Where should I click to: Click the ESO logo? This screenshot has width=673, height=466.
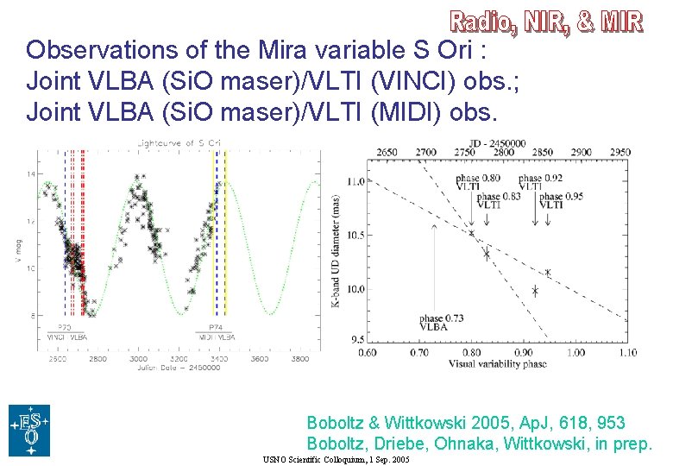[28, 430]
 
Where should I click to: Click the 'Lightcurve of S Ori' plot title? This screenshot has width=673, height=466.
[171, 142]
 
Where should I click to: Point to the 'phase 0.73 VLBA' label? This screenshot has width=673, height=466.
[443, 323]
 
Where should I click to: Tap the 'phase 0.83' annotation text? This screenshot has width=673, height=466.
[499, 197]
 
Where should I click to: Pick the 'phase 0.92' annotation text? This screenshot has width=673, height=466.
[541, 179]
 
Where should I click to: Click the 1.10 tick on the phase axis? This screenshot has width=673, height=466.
[628, 352]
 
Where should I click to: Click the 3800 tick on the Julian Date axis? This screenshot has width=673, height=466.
[299, 358]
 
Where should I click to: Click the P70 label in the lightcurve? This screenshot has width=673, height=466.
[65, 328]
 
